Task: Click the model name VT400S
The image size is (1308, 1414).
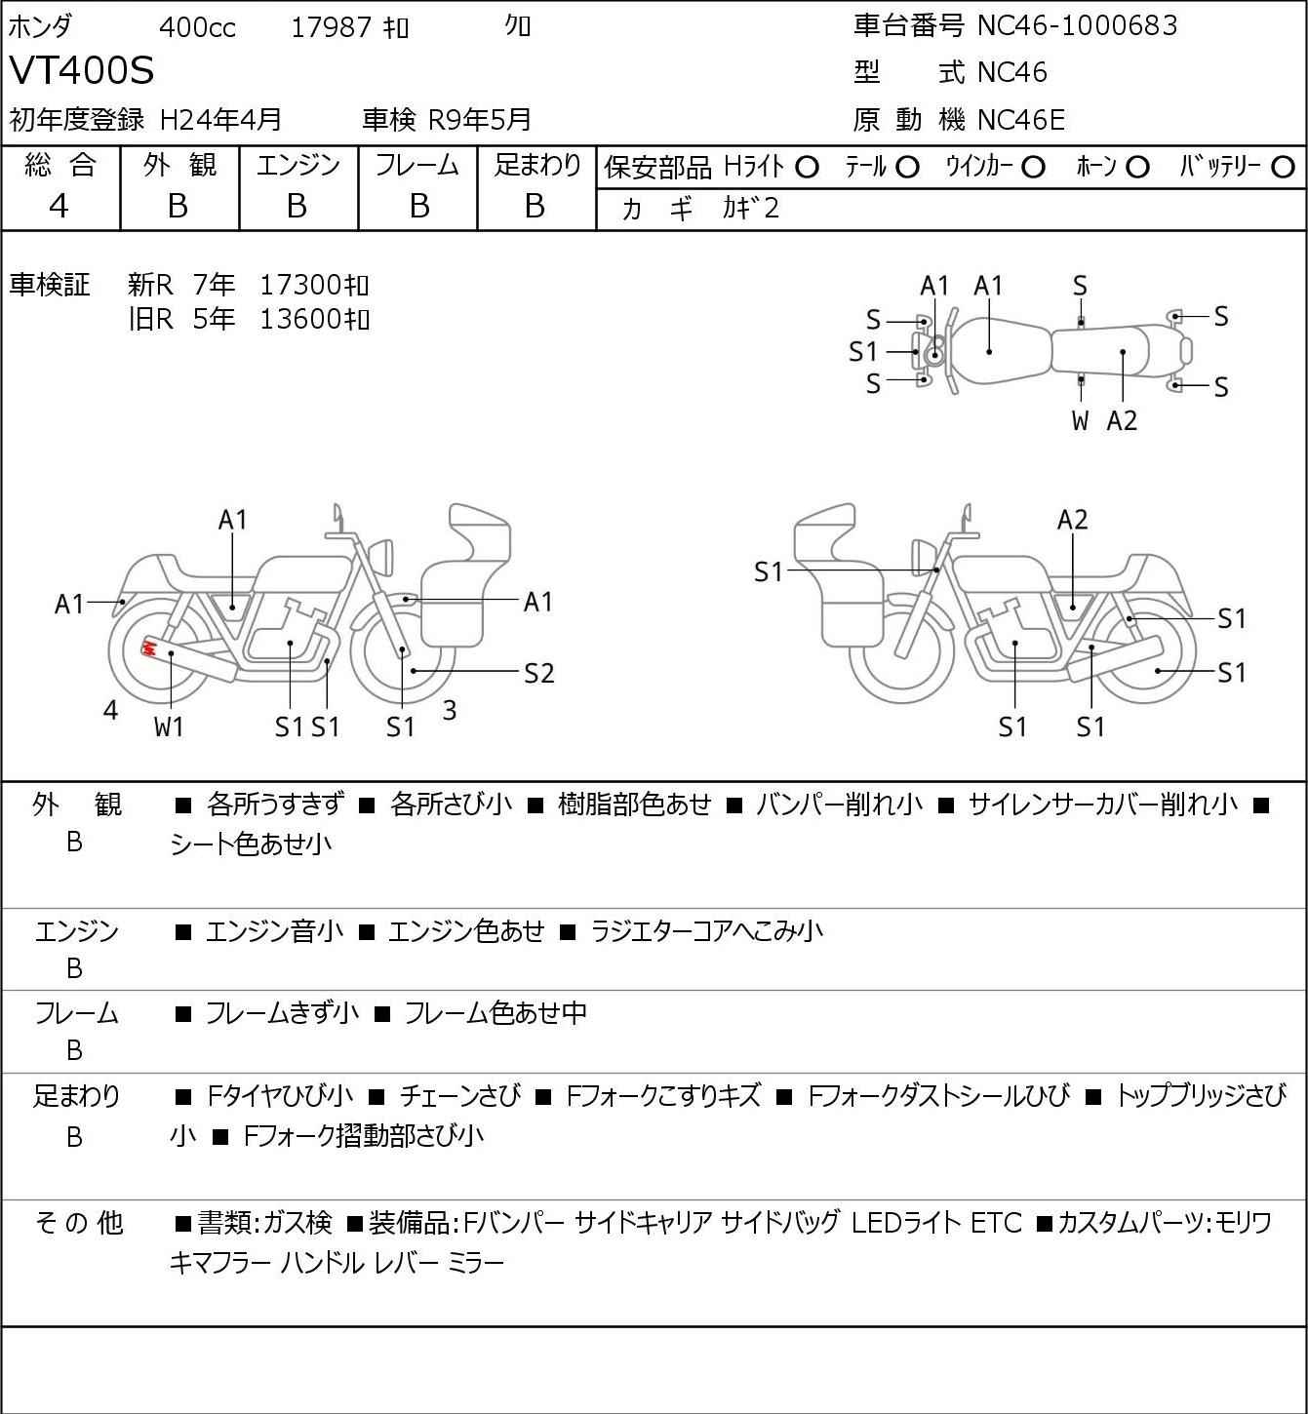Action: coord(81,70)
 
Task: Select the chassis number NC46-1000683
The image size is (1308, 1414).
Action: coord(1077,25)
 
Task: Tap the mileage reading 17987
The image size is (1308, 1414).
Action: coord(332,27)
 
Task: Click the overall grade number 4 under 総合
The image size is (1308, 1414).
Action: coord(59,207)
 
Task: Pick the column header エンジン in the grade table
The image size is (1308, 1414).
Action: coord(297,165)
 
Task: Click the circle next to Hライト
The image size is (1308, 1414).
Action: coord(807,168)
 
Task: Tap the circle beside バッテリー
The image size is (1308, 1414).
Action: coord(1283,168)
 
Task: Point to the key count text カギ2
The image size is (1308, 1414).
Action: coord(750,209)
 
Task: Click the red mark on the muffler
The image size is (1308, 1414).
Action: coord(149,648)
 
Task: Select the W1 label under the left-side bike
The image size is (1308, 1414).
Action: coord(169,727)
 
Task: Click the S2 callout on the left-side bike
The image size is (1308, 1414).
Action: coord(538,673)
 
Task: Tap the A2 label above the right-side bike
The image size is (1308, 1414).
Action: coord(1072,520)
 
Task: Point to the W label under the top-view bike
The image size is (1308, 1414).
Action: coord(1080,420)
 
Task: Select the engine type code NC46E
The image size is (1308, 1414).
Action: coord(1021,120)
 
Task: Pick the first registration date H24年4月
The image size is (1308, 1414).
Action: coord(220,120)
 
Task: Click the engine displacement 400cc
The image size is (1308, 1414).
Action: coord(197,27)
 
